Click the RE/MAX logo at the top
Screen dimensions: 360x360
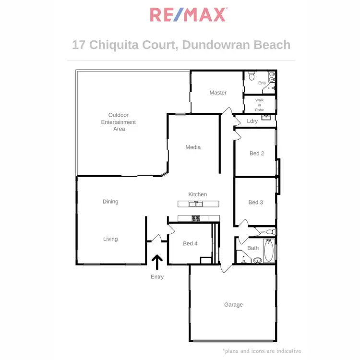click(188, 14)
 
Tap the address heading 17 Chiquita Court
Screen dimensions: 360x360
click(181, 45)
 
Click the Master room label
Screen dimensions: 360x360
click(218, 93)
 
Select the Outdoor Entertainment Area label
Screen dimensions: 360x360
click(119, 122)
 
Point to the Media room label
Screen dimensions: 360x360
click(193, 147)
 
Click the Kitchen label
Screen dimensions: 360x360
click(197, 194)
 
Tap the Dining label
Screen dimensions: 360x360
click(110, 202)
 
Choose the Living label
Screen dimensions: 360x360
click(110, 239)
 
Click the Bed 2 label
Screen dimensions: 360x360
click(257, 154)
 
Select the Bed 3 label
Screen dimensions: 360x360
click(256, 203)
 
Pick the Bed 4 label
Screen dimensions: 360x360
click(190, 244)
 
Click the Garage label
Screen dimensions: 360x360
click(233, 305)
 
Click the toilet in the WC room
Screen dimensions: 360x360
click(270, 232)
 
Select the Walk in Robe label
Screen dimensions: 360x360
click(260, 105)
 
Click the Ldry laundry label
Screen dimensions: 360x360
click(252, 121)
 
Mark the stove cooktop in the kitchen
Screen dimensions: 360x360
click(196, 219)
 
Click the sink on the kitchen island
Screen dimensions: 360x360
click(195, 204)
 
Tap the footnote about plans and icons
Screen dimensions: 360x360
click(262, 351)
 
